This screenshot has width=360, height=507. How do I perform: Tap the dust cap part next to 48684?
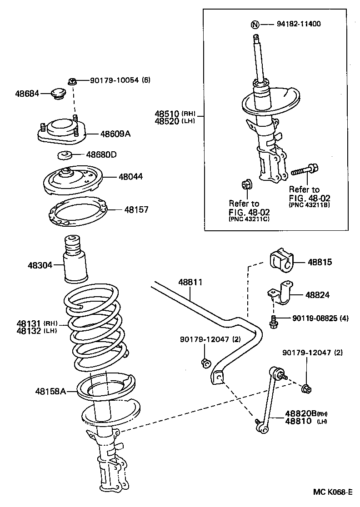pyautogui.click(x=58, y=93)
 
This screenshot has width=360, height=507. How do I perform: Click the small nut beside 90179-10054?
pyautogui.click(x=71, y=81)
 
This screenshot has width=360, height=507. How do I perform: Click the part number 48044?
pyautogui.click(x=130, y=176)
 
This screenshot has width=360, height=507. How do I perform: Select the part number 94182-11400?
pyautogui.click(x=298, y=24)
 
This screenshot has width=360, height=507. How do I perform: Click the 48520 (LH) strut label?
pyautogui.click(x=167, y=121)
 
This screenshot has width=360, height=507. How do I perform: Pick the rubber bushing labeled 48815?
pyautogui.click(x=282, y=262)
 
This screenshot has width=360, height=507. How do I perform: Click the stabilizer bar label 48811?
pyautogui.click(x=190, y=282)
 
